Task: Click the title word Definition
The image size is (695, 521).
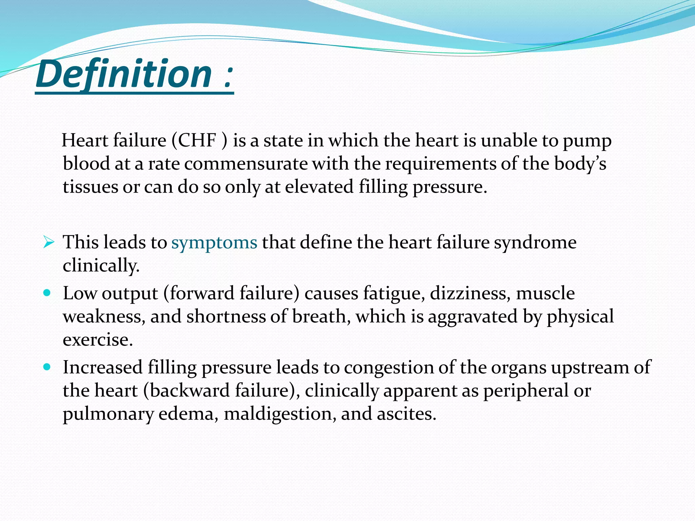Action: pos(124,74)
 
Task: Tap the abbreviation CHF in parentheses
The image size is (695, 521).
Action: pos(197,140)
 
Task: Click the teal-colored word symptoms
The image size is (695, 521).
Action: pos(214,242)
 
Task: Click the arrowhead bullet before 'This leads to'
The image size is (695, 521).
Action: pos(49,242)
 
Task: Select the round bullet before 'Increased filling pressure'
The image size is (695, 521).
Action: pos(47,367)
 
